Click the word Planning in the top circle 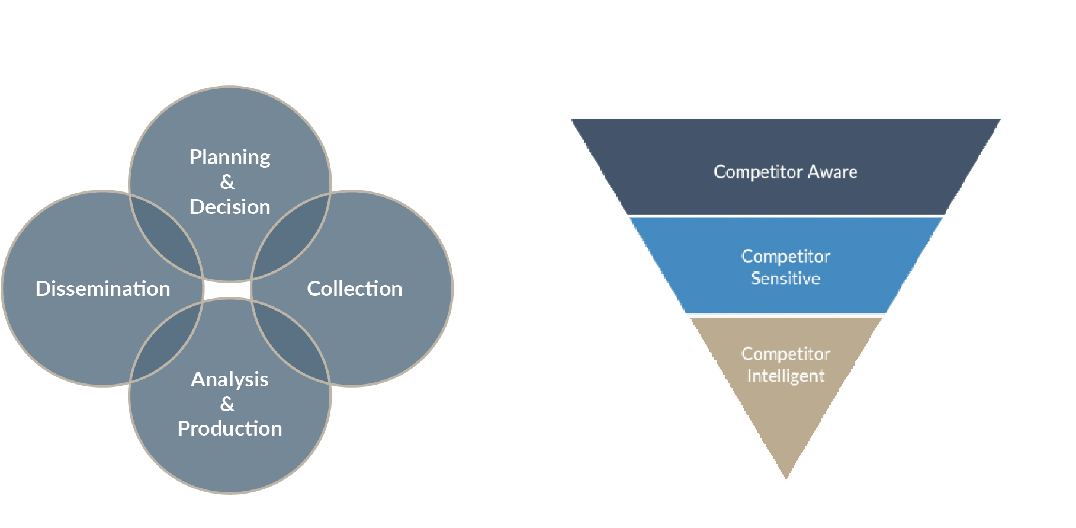[230, 157]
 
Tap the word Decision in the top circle [230, 207]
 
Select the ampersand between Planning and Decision [227, 182]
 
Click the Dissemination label [103, 289]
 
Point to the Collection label [354, 289]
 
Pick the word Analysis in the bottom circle [230, 379]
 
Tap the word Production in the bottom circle [230, 428]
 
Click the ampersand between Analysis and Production [227, 404]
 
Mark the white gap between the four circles [228, 290]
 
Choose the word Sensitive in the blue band [785, 279]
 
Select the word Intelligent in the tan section [785, 376]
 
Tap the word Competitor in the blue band [785, 257]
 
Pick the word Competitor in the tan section [785, 354]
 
